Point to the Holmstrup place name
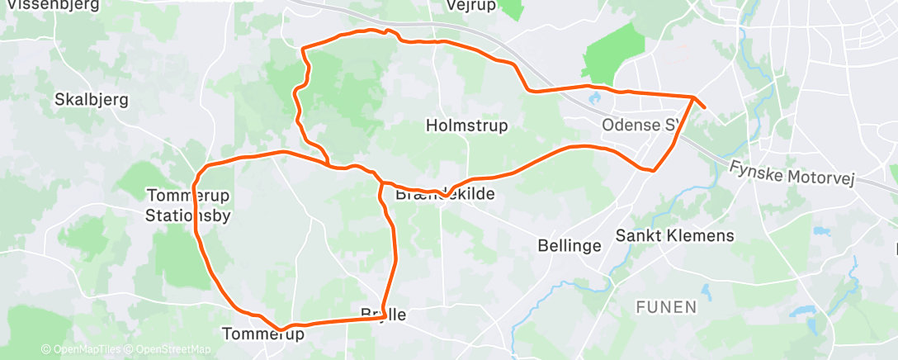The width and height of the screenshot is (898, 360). click(466, 126)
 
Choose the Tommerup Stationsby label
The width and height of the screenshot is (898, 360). click(188, 206)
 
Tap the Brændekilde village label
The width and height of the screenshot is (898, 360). click(445, 195)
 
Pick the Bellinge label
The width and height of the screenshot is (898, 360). click(566, 245)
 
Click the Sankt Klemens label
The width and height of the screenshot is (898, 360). click(674, 236)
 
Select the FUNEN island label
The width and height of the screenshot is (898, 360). click(666, 307)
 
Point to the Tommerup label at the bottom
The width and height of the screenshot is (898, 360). click(263, 334)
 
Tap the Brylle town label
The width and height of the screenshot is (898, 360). click(384, 315)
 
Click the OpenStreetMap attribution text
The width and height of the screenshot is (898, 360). click(173, 350)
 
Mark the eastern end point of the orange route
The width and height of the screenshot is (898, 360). click(704, 107)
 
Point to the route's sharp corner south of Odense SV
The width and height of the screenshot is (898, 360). click(653, 171)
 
